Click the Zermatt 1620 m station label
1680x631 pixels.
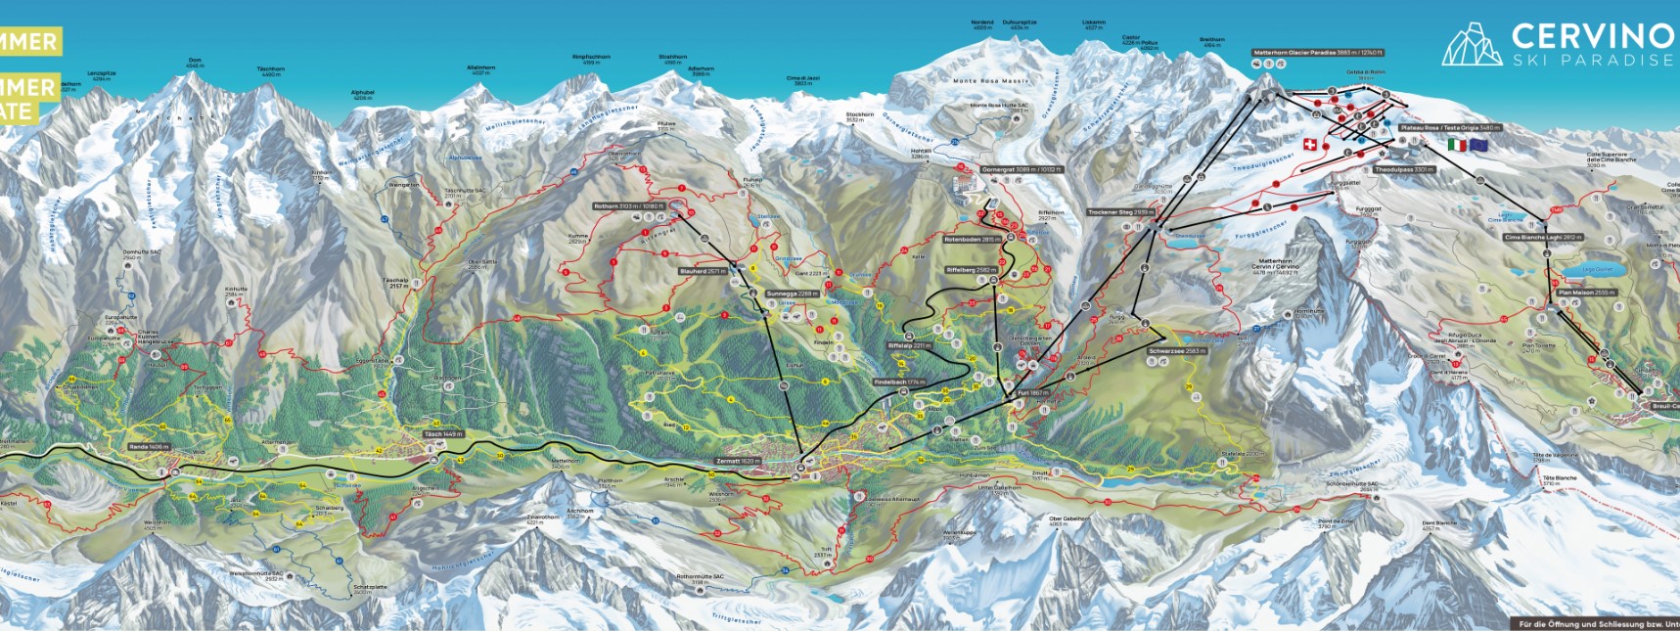coord(738,461)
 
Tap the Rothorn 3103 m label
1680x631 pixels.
coord(628,206)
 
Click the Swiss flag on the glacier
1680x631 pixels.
coord(1309,145)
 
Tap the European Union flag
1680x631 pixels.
coord(1477,145)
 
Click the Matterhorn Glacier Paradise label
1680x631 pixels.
coord(1317,53)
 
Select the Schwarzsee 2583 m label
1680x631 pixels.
coord(1178,350)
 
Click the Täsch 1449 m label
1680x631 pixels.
coord(443,433)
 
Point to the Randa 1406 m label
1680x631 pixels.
coord(150,446)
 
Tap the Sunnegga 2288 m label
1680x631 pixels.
coord(793,293)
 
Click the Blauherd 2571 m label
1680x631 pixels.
coord(703,271)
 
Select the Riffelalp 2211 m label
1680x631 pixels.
coord(910,345)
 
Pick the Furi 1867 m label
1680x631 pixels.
coord(1032,392)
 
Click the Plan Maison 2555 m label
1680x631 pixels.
coord(1586,293)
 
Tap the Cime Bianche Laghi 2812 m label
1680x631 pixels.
coord(1543,238)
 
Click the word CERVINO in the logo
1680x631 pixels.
coord(1592,36)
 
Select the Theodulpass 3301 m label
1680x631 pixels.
coord(1403,169)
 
